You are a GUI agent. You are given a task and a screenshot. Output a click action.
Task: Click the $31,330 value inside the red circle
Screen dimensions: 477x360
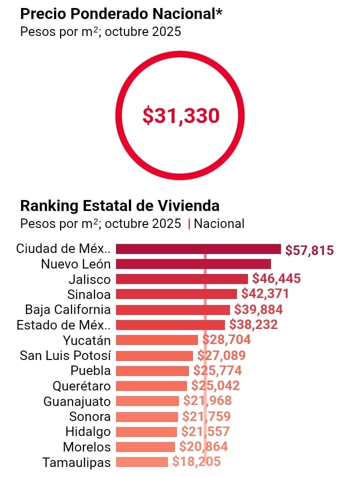[181, 116]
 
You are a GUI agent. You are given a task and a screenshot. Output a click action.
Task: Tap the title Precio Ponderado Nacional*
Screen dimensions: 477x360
[121, 14]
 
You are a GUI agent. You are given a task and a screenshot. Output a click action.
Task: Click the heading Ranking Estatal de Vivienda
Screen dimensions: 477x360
[119, 205]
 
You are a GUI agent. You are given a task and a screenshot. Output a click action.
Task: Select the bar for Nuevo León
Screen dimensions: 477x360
[193, 264]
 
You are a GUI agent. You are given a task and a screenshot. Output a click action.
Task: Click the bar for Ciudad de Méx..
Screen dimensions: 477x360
[198, 249]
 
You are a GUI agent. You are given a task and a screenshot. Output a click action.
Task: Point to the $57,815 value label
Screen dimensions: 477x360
[309, 250]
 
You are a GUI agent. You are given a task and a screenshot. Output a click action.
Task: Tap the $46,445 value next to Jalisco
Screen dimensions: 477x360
[276, 278]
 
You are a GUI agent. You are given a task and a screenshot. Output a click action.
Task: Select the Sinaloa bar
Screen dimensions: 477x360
[176, 294]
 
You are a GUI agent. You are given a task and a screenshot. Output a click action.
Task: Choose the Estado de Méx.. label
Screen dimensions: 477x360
[63, 325]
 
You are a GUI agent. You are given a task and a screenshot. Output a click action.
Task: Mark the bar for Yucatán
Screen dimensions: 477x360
[157, 340]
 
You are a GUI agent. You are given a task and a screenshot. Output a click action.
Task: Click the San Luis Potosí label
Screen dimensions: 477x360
[65, 355]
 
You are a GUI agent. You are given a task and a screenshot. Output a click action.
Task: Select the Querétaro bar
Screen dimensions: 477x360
[151, 386]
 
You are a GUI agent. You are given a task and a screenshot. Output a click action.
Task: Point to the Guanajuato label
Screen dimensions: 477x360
[77, 401]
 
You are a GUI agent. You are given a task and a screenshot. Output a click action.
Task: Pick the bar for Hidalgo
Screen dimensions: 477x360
[146, 431]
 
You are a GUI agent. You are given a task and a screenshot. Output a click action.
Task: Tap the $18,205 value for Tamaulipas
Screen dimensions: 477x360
[196, 462]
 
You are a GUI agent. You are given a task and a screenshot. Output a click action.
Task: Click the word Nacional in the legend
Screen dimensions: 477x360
[219, 223]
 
